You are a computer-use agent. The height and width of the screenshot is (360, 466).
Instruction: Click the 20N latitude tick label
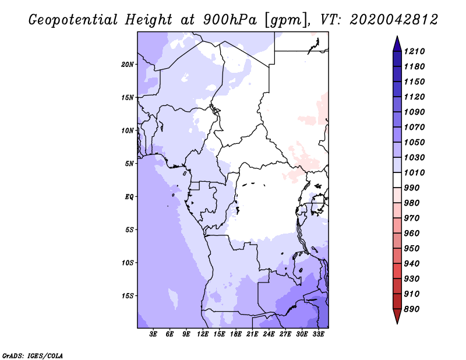[128, 64]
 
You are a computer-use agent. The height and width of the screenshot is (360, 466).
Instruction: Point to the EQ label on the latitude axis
[129, 196]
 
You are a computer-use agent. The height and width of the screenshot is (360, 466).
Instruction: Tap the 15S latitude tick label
[128, 295]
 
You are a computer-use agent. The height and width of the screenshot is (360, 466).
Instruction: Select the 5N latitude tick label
[129, 164]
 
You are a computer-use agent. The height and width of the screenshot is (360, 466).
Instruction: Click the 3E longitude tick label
[154, 335]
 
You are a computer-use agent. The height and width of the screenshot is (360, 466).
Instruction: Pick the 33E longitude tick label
[318, 335]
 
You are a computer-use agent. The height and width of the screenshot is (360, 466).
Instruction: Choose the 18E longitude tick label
[236, 335]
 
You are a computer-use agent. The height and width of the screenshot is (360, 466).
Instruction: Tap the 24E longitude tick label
[269, 335]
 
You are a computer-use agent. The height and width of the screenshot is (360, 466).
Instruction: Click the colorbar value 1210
[416, 51]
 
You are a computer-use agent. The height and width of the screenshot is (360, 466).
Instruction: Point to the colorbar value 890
[414, 309]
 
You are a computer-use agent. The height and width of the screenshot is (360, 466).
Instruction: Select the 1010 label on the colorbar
[416, 172]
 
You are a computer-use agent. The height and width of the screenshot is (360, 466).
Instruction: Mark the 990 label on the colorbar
[414, 188]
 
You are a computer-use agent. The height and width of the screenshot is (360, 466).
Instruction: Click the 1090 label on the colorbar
[416, 112]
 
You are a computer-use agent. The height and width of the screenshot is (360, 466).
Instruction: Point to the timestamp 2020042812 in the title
[393, 20]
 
